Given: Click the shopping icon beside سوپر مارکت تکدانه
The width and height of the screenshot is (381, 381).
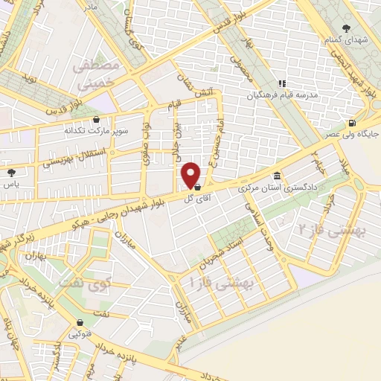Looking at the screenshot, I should [96, 118].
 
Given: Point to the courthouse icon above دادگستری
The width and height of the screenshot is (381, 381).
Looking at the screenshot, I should [278, 176].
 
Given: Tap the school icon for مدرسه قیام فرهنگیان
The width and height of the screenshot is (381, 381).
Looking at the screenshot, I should [281, 84].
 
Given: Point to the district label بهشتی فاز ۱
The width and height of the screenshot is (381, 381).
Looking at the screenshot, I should [223, 284].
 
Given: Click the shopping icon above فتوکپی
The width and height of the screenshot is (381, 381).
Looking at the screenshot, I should [79, 323].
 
